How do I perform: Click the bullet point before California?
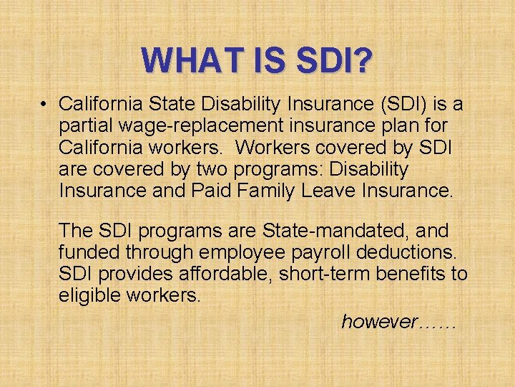click(44, 105)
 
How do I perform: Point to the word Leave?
click(325, 191)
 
